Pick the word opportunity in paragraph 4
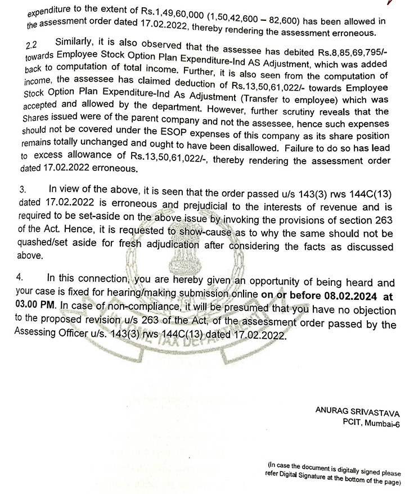coord(261,282)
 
